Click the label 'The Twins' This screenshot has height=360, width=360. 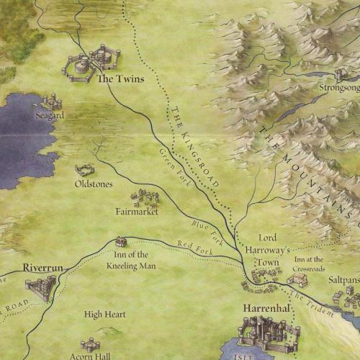pyautogui.click(x=120, y=79)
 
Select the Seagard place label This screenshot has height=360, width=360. pyautogui.click(x=49, y=114)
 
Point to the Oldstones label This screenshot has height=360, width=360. pyautogui.click(x=94, y=184)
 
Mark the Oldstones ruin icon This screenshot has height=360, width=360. pyautogui.click(x=85, y=170)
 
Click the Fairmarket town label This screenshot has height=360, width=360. pyautogui.click(x=137, y=212)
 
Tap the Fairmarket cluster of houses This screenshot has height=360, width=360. pyautogui.click(x=145, y=197)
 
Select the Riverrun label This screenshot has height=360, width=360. pyautogui.click(x=43, y=267)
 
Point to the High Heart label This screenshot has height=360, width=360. pyautogui.click(x=105, y=315)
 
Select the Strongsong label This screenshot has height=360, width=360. pyautogui.click(x=338, y=89)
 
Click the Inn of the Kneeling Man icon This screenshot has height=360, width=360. pyautogui.click(x=121, y=242)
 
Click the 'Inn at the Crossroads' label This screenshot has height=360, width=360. pyautogui.click(x=309, y=264)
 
